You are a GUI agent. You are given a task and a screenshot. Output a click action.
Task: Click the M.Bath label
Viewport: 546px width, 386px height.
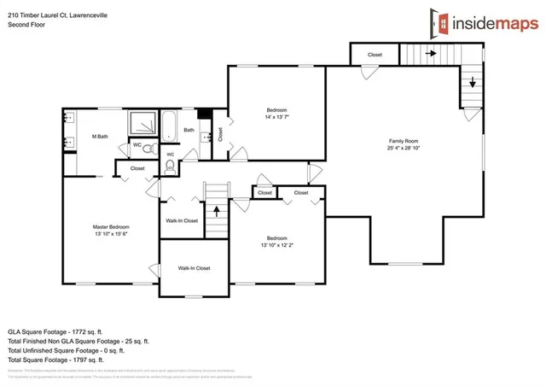pos(99,137)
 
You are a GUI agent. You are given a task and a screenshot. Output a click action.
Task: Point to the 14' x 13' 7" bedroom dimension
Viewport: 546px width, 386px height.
pos(277,118)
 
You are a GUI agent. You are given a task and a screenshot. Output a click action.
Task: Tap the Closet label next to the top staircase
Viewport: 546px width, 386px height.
pos(375,55)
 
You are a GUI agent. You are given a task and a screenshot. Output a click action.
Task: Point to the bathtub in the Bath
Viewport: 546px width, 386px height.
pos(167,127)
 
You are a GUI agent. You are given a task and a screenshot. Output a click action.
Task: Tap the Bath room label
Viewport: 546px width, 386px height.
pos(189,130)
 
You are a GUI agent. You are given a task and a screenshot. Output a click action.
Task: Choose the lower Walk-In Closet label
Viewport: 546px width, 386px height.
pos(194,268)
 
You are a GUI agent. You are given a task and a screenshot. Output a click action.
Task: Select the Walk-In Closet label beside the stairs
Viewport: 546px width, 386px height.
pos(182,220)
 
